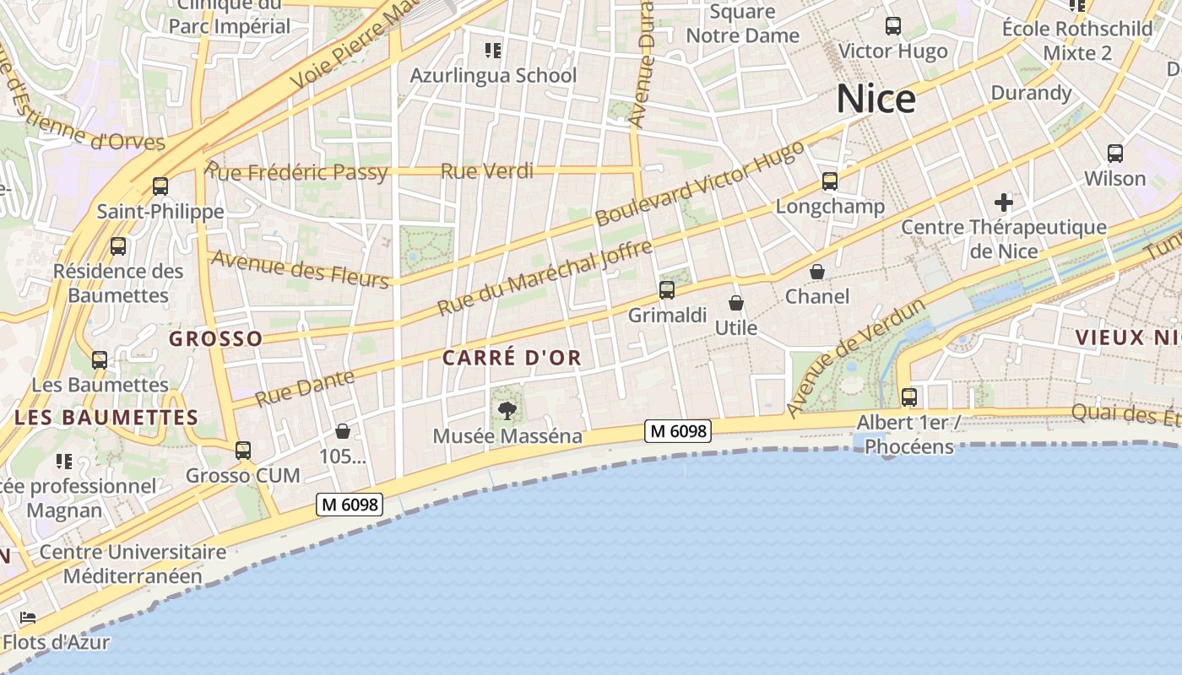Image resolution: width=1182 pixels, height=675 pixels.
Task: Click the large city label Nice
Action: [876, 100]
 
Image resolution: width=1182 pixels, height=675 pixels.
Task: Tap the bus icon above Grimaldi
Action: [667, 290]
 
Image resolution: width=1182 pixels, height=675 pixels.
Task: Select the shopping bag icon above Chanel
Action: [817, 272]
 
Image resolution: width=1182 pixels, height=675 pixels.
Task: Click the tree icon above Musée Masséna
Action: [507, 411]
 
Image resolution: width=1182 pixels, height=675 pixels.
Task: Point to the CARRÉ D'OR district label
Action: [512, 358]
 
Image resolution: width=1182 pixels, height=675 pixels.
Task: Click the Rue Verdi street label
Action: [487, 171]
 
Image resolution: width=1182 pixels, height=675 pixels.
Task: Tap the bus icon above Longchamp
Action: [830, 181]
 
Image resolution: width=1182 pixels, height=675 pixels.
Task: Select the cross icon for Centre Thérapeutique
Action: [1003, 202]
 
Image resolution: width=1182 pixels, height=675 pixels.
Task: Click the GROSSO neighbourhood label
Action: [216, 339]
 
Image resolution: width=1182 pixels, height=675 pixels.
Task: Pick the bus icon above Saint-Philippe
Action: [160, 186]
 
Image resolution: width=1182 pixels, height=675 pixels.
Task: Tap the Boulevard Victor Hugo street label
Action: [700, 184]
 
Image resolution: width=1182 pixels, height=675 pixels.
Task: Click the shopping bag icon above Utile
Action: [736, 303]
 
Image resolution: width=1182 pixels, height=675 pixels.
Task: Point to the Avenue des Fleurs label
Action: [300, 269]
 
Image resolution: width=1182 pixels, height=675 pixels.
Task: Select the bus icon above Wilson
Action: [1115, 154]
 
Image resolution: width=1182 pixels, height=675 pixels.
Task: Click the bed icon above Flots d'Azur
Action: [28, 618]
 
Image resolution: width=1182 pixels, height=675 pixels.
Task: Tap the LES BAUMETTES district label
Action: [106, 418]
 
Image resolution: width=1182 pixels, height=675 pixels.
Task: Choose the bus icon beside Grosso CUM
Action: [243, 451]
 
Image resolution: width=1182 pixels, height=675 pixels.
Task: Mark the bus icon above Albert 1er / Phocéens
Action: [909, 397]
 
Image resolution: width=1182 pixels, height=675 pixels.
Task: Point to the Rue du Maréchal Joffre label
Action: [545, 278]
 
